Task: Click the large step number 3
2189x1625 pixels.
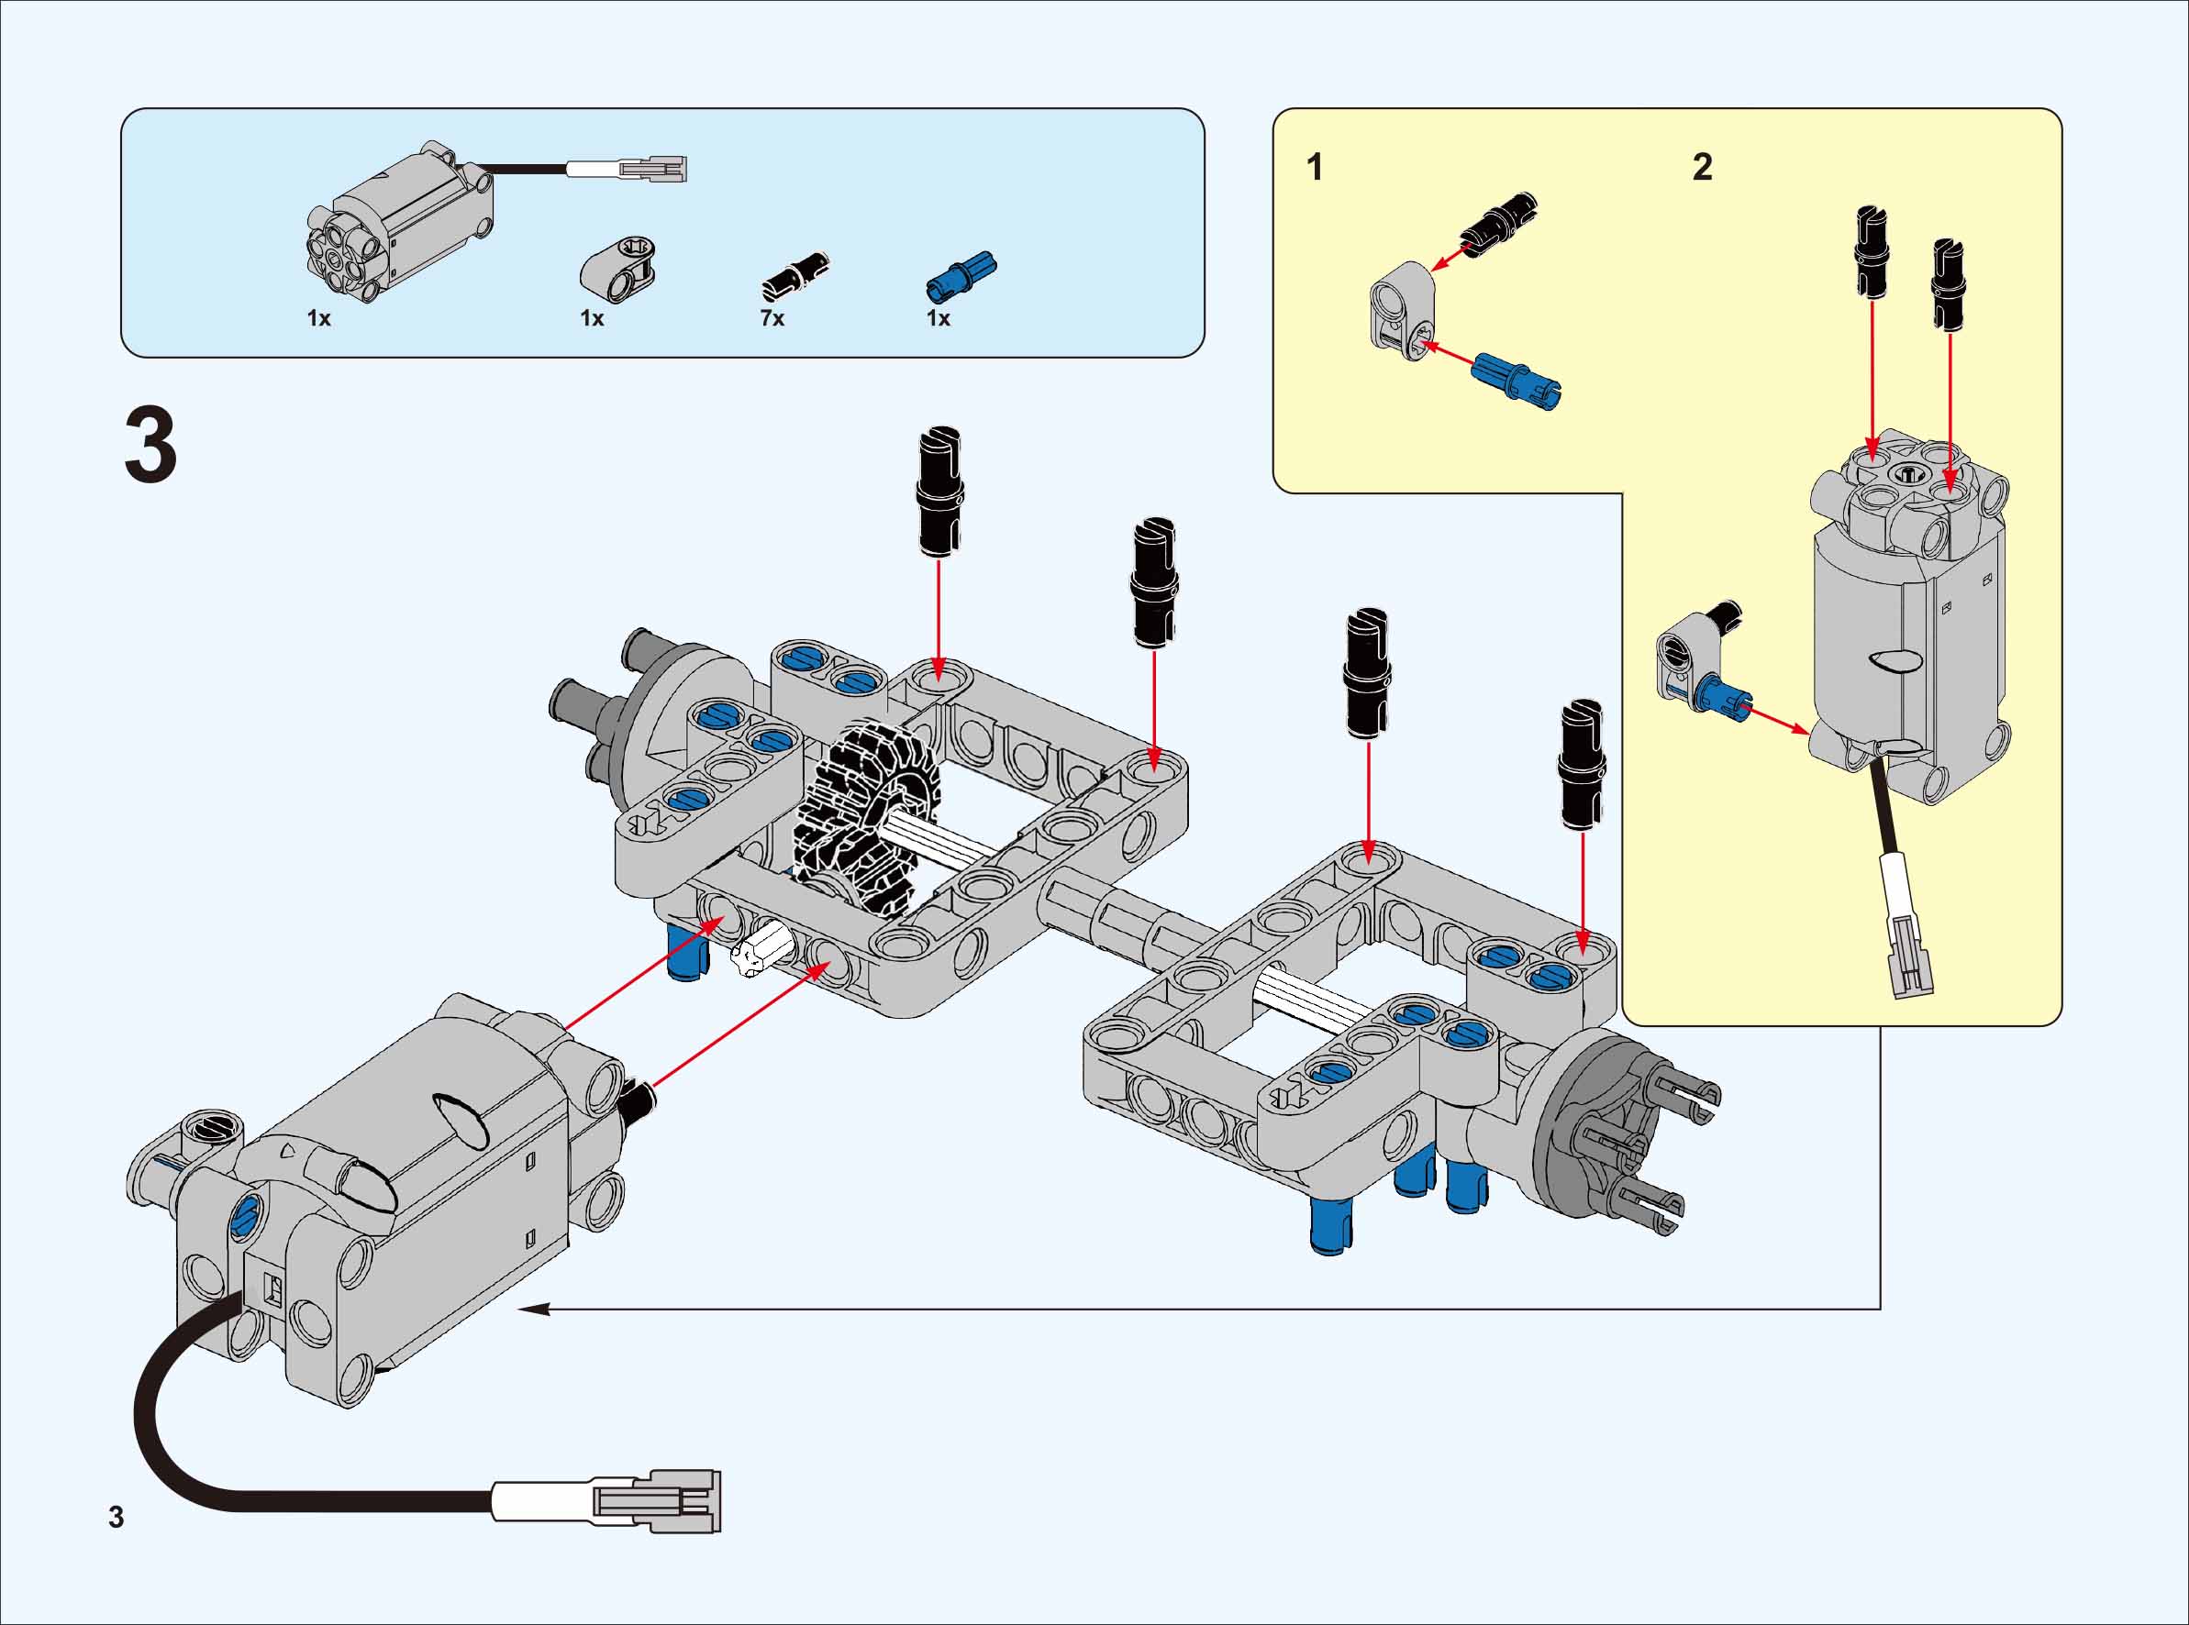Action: click(x=150, y=448)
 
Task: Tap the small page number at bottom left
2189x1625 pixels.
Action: click(x=117, y=1517)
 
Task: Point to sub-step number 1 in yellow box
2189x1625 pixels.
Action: click(x=1315, y=167)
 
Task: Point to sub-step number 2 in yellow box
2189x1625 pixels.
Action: click(x=1702, y=167)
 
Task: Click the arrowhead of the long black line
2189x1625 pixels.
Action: click(x=528, y=1310)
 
